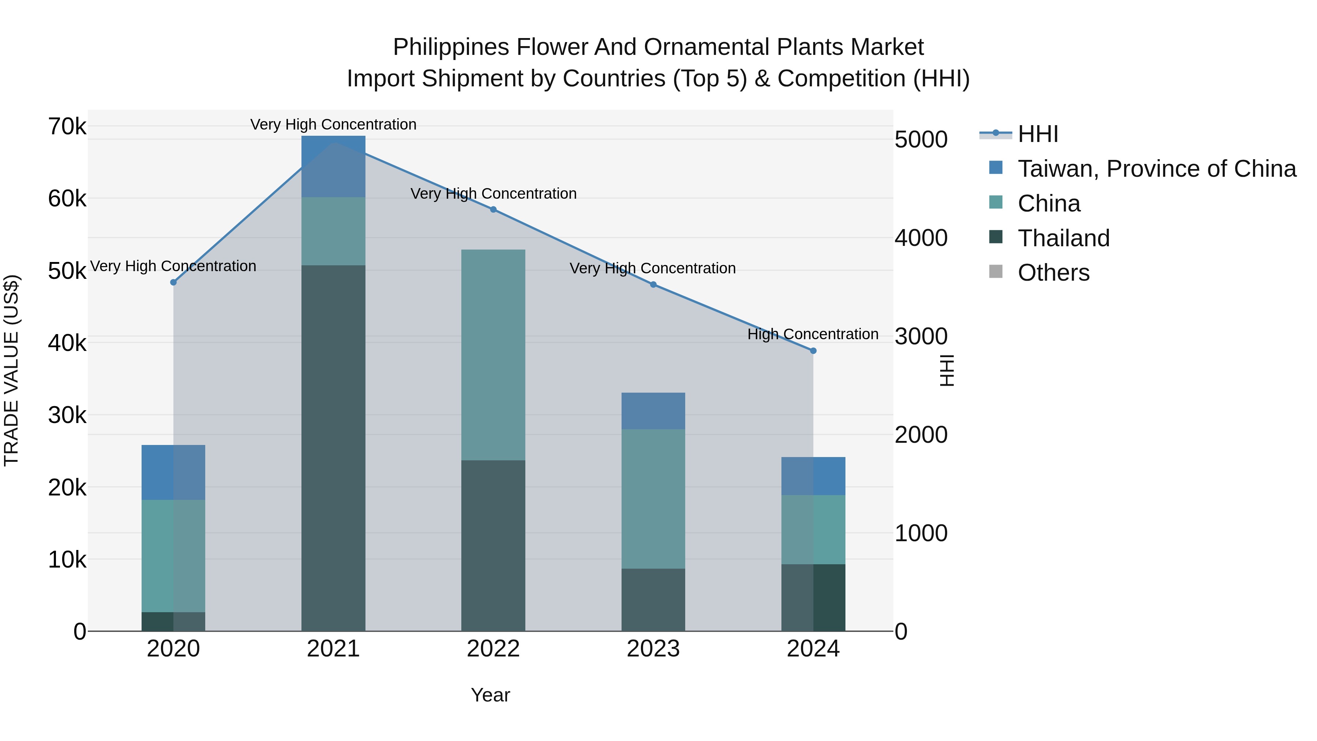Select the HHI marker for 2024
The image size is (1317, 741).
(813, 351)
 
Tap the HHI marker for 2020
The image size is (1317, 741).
(173, 282)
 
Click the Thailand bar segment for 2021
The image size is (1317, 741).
(333, 448)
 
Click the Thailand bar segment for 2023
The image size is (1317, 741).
(653, 599)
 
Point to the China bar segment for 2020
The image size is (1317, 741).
(173, 556)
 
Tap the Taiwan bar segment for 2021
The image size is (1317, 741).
(333, 166)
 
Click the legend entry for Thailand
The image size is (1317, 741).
(1063, 238)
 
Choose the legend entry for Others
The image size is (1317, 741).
(1053, 273)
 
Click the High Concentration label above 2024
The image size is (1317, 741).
(813, 334)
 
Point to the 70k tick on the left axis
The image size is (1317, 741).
(67, 127)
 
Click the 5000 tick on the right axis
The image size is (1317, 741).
(921, 140)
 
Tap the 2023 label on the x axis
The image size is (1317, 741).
(653, 649)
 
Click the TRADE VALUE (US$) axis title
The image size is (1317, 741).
(12, 370)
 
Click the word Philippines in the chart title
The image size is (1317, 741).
(451, 48)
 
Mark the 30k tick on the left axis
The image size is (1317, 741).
(67, 415)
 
